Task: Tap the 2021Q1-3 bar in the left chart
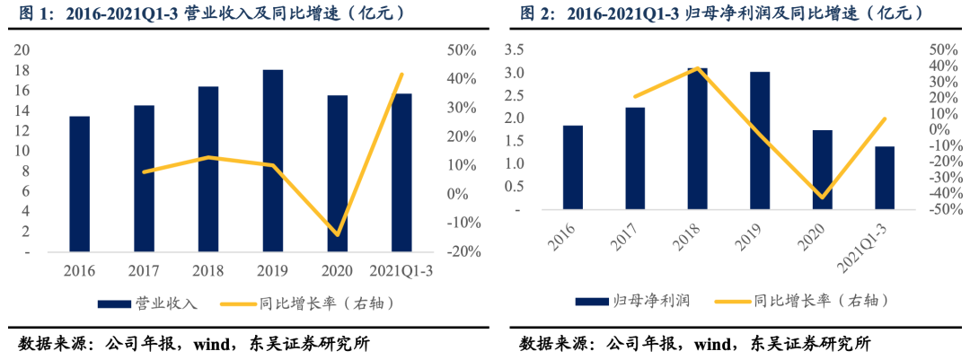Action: tap(401, 172)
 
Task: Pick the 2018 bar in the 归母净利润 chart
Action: tap(697, 138)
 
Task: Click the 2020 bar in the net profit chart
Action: tap(822, 170)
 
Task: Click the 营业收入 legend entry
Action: tap(154, 303)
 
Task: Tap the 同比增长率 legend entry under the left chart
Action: tap(320, 303)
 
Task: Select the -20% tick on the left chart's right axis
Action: tap(463, 251)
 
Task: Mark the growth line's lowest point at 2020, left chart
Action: tap(338, 234)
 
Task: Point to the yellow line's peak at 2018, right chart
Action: tap(698, 68)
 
